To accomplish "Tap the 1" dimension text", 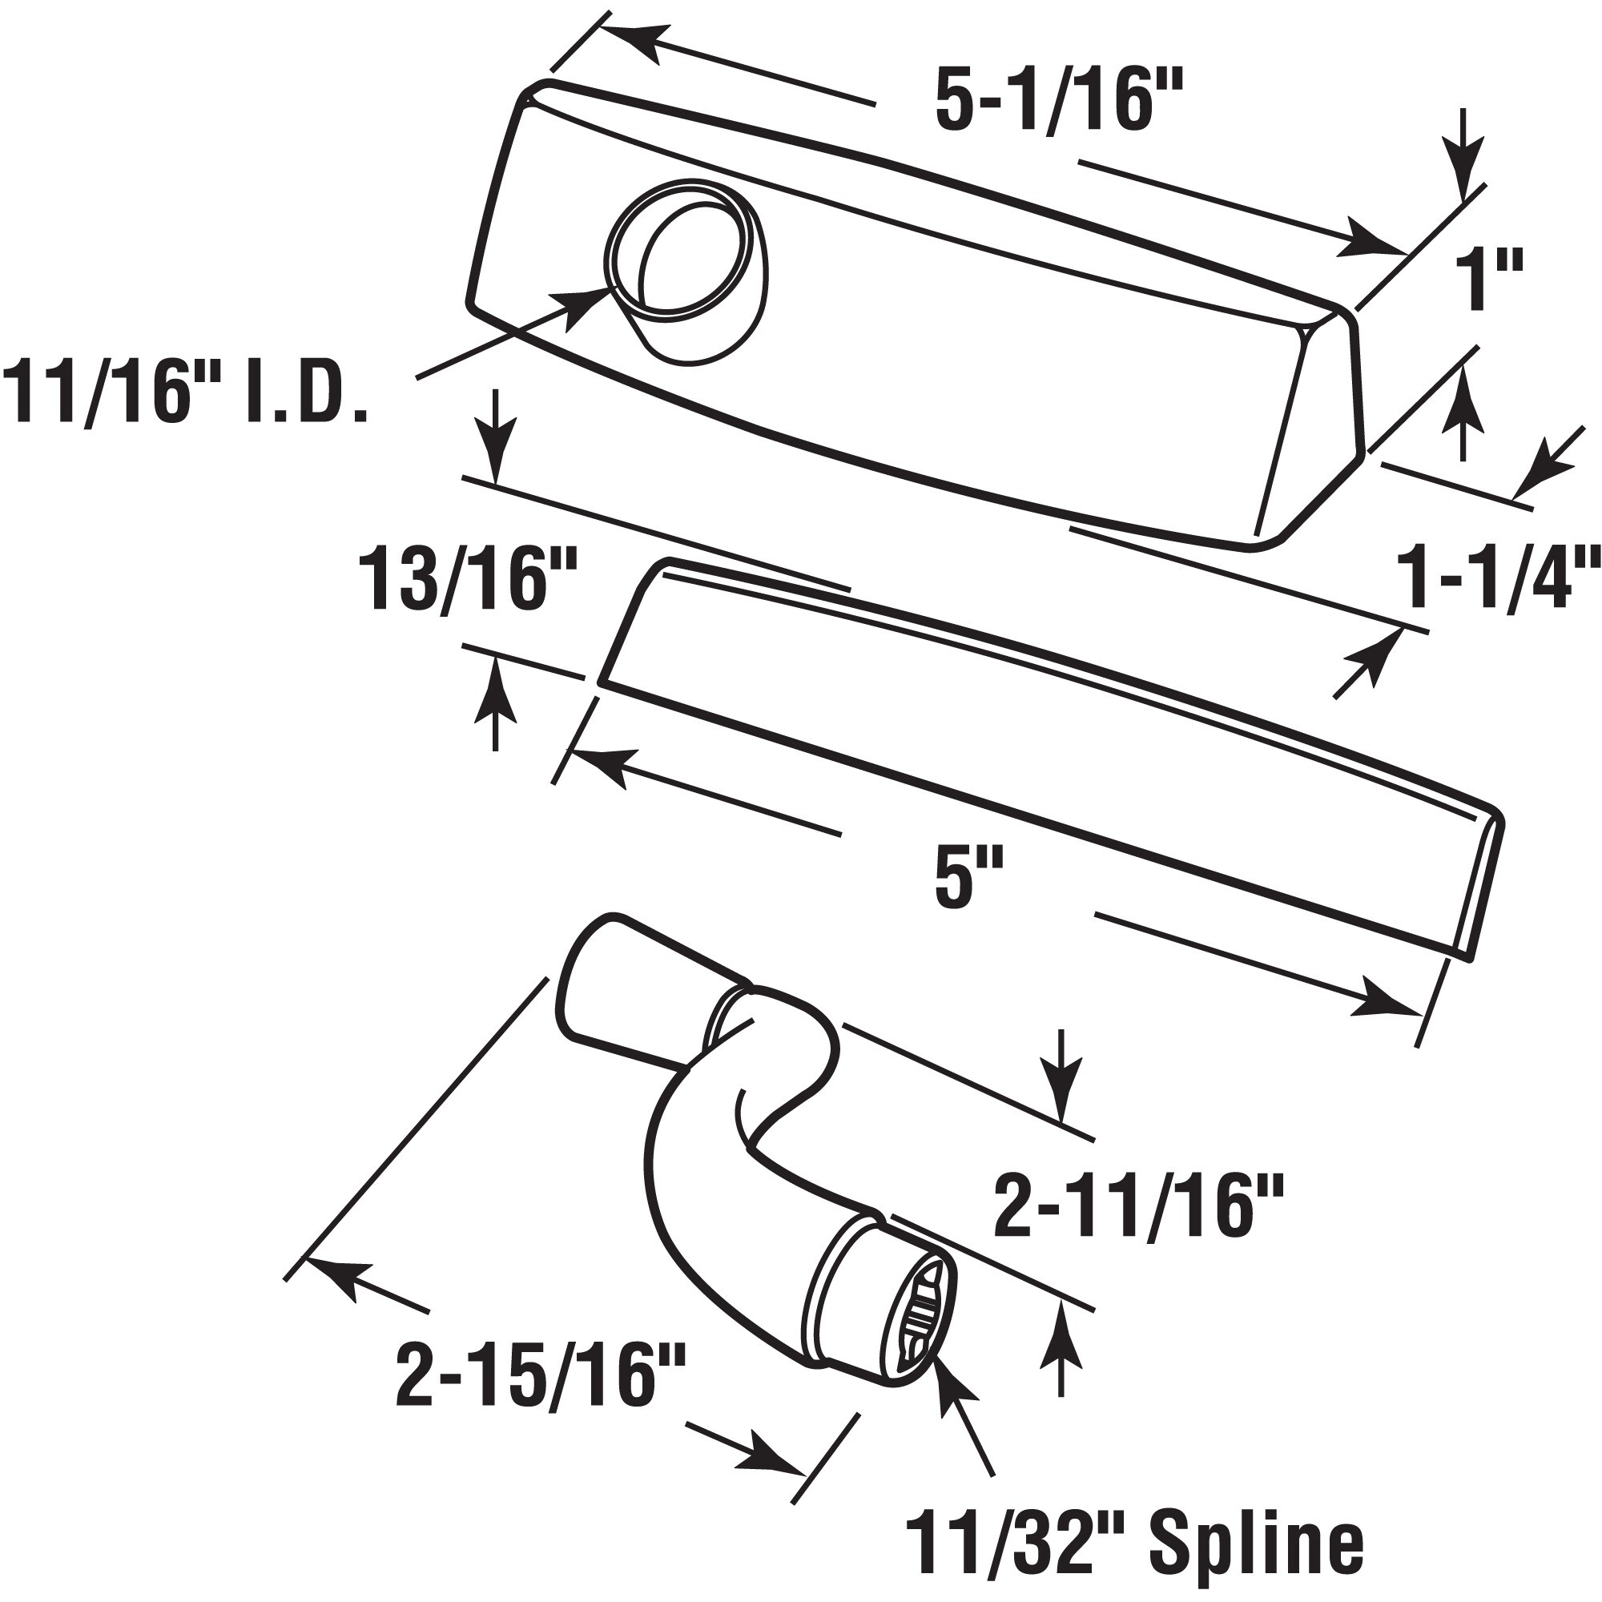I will (x=1489, y=284).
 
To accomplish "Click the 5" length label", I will (x=968, y=883).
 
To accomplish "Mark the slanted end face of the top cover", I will (x=1310, y=423).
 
